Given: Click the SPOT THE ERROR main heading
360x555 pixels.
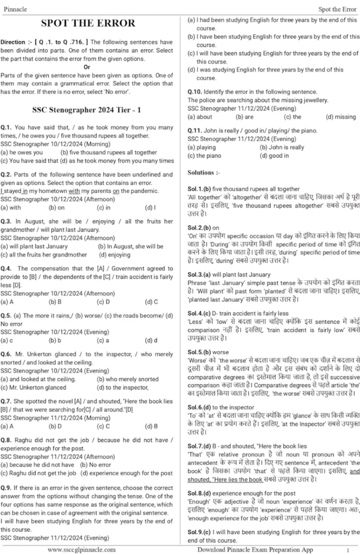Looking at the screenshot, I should tap(88, 24).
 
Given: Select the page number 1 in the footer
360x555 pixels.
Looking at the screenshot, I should tap(347, 550).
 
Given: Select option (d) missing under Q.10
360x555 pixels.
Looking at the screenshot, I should tap(340, 117).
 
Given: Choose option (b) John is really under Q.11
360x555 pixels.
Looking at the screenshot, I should tap(281, 147).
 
